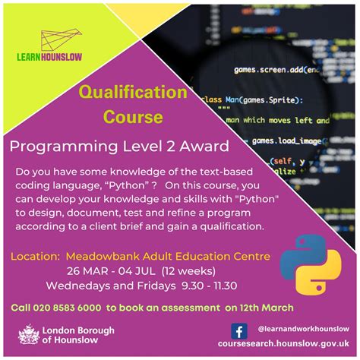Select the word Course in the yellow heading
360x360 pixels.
coord(134,118)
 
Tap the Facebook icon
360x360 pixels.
coord(238,331)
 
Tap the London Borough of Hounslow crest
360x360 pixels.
coord(28,335)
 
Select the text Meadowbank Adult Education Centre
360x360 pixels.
coord(168,256)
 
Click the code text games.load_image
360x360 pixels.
coord(295,141)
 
